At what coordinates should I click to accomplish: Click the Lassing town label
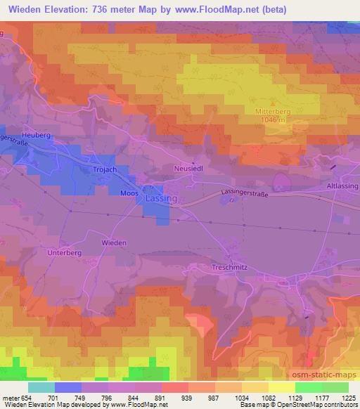[x=161, y=199]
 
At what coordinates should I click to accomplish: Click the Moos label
[x=129, y=192]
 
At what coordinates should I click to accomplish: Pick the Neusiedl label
[x=187, y=169]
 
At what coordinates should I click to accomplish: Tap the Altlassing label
[x=342, y=185]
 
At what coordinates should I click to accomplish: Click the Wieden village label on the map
[x=114, y=242]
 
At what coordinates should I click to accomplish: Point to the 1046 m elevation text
[x=269, y=120]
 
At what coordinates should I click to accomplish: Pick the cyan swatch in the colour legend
[x=41, y=387]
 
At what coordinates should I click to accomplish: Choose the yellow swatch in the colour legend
[x=282, y=387]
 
